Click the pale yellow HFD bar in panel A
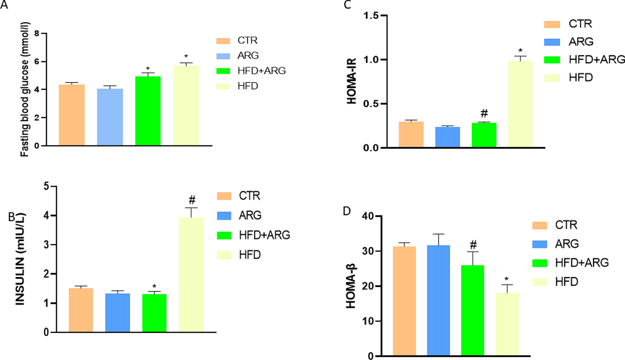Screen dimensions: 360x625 [x=186, y=106]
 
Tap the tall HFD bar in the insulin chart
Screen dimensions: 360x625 [x=191, y=274]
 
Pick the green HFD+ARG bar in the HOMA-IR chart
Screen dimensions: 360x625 [x=484, y=135]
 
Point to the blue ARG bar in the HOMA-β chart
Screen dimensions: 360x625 [x=438, y=300]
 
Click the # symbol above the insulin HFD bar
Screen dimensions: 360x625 [x=192, y=200]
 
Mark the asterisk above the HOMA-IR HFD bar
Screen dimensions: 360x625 [x=520, y=51]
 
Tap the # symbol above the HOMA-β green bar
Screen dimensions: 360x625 [x=473, y=245]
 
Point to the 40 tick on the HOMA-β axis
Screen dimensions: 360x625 [x=368, y=216]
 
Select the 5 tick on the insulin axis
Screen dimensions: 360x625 [x=47, y=186]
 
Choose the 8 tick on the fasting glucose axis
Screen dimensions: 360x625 [x=37, y=34]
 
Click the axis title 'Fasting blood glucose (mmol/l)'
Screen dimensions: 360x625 [x=25, y=89]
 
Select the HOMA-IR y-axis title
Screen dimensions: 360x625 [x=351, y=81]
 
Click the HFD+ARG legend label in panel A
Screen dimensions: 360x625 [x=261, y=71]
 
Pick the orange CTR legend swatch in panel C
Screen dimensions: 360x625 [x=552, y=24]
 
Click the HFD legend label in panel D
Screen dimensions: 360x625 [x=566, y=282]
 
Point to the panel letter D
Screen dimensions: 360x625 [x=347, y=211]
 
